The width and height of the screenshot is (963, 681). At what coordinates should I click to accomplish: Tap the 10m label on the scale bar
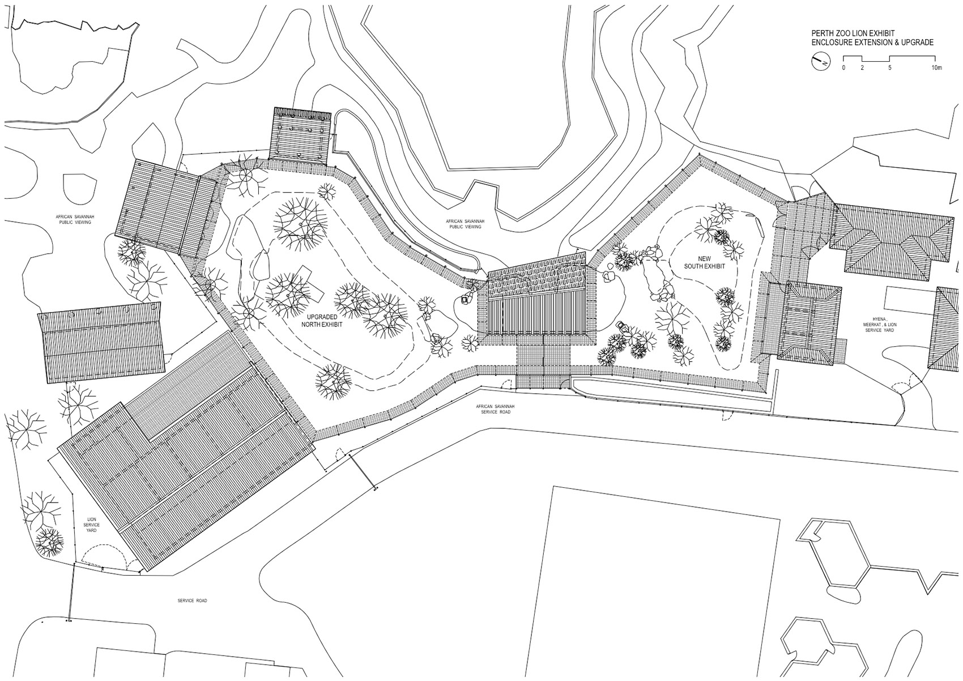point(937,80)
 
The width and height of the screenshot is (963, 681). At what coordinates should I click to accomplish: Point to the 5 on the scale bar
point(889,80)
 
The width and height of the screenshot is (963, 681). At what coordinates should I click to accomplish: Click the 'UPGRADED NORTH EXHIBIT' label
point(322,321)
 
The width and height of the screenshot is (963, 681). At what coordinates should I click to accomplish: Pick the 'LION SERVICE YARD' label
point(91,525)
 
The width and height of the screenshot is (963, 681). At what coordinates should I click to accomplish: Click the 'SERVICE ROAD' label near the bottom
point(192,601)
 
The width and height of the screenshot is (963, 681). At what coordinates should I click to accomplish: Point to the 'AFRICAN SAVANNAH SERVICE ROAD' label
point(495,409)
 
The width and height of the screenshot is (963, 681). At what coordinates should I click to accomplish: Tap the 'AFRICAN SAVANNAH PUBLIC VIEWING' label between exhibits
point(465,224)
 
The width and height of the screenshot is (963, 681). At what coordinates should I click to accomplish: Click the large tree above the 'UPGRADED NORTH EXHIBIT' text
point(301,224)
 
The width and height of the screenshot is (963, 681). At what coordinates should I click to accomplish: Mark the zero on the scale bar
point(843,80)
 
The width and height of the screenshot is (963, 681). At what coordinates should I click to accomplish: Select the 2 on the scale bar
point(862,80)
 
